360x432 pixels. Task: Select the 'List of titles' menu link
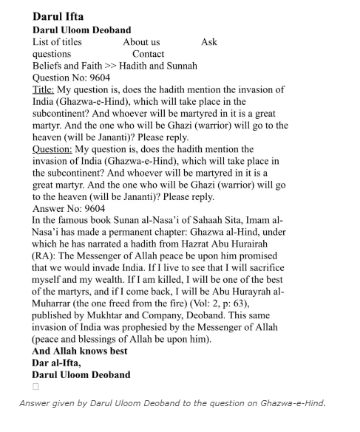point(57,42)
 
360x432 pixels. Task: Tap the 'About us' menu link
point(141,42)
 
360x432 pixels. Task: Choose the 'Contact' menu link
point(148,54)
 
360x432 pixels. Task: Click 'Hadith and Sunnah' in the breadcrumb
point(158,66)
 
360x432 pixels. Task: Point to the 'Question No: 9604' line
point(75,78)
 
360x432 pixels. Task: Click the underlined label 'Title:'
point(44,89)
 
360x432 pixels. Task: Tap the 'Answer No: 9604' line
point(71,208)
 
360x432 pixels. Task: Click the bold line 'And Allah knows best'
point(80,351)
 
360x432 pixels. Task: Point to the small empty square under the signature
point(35,386)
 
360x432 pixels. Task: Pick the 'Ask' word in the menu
point(209,42)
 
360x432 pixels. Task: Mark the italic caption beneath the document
point(172,403)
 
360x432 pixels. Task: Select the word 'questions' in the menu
point(52,54)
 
